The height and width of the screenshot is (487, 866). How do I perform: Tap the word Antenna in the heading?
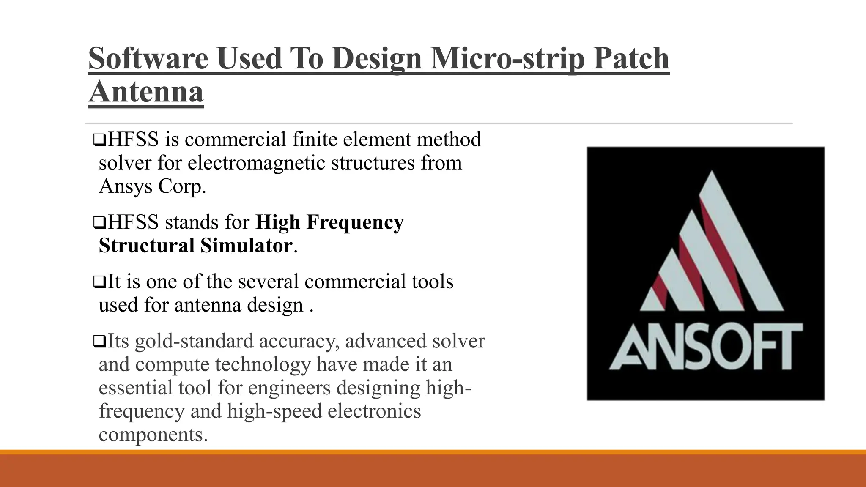(146, 92)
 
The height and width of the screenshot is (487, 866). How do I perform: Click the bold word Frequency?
(355, 222)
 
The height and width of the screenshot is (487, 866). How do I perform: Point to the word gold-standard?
(194, 341)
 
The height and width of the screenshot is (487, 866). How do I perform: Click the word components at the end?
(153, 434)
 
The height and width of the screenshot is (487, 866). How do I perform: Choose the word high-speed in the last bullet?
(274, 411)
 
